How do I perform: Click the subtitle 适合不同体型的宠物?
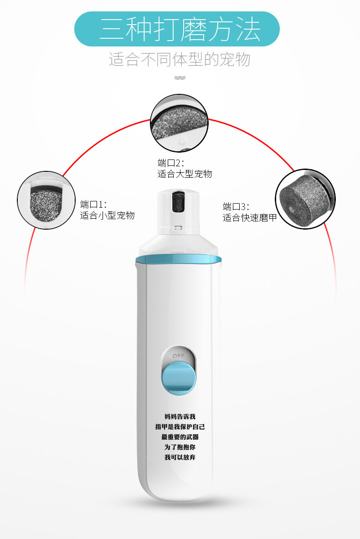tap(180, 60)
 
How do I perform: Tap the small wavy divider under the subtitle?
tap(180, 77)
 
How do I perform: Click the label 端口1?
tap(93, 204)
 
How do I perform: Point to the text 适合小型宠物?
tap(108, 216)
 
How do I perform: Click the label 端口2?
tap(170, 163)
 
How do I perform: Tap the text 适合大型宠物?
tap(185, 174)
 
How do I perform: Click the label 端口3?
tap(236, 206)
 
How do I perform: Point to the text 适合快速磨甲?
tap(250, 218)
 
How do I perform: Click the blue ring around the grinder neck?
tap(178, 260)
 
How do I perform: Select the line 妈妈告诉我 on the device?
tap(180, 416)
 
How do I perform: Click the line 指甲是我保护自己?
tap(180, 427)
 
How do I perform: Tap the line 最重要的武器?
tap(180, 437)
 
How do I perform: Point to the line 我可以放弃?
tap(180, 457)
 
